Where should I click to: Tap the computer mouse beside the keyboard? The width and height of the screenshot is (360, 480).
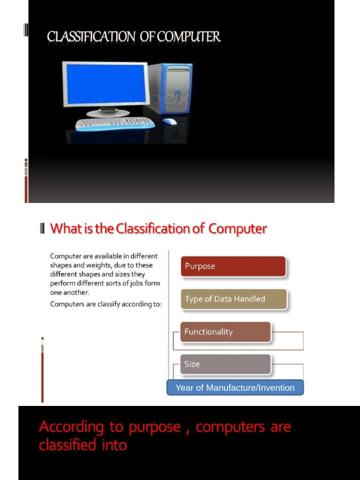170,121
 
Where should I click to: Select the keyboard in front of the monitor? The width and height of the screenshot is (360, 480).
115,123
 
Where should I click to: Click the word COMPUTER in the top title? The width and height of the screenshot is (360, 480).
188,37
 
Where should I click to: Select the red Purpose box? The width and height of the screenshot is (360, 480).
233,266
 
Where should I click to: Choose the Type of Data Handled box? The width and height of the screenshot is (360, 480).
233,299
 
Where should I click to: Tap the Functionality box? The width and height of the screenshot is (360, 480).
225,332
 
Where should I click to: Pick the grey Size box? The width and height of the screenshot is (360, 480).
225,364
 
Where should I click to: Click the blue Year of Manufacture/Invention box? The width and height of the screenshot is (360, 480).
235,388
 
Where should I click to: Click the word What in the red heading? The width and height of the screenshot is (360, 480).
63,229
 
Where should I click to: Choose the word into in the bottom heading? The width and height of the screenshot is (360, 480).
114,445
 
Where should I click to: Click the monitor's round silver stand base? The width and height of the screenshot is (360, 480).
108,113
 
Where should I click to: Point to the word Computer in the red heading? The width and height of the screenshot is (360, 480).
238,229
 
